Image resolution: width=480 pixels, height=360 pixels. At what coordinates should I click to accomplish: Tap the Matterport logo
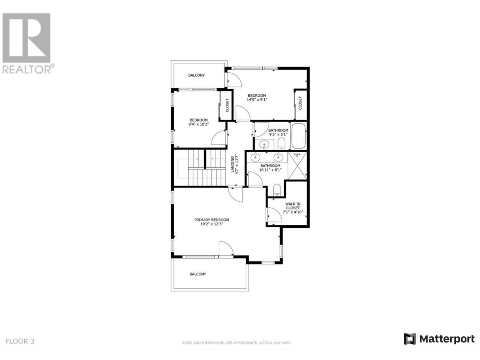click(439, 345)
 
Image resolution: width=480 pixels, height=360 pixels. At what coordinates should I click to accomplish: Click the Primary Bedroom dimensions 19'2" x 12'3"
click(211, 224)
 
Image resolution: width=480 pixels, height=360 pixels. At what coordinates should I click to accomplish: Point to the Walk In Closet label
click(292, 206)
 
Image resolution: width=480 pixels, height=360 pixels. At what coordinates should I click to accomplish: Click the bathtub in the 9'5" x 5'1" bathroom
click(298, 136)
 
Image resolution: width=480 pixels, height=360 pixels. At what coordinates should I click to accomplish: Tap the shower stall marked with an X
click(297, 166)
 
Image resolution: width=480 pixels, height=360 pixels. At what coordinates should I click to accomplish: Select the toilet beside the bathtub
click(281, 143)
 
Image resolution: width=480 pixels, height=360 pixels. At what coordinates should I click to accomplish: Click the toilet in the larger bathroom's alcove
click(277, 190)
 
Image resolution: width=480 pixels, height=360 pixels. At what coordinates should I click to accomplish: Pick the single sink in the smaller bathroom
click(264, 144)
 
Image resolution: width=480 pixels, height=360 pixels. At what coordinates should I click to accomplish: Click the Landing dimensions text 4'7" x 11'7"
click(236, 165)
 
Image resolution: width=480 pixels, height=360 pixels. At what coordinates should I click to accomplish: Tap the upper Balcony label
click(196, 75)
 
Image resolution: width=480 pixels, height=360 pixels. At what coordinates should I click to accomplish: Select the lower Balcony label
click(198, 274)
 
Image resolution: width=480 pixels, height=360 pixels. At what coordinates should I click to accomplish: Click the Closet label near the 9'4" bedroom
click(227, 105)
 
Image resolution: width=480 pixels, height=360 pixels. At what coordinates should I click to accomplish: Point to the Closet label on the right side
click(300, 103)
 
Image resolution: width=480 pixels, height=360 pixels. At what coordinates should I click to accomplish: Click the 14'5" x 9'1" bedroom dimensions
click(257, 100)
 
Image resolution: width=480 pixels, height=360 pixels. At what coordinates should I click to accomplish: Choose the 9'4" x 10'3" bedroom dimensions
click(199, 124)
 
